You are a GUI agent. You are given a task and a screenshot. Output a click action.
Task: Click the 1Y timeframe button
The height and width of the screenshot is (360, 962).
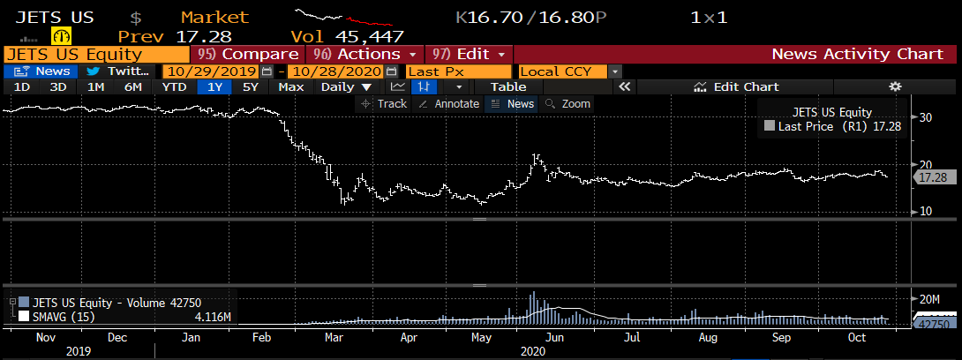tap(214, 86)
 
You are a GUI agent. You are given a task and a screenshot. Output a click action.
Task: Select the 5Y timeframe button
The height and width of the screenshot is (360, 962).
tap(251, 86)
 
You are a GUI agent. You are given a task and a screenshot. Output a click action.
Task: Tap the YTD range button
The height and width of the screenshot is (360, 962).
tap(174, 86)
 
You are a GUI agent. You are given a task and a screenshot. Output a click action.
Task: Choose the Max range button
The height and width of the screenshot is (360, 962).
tap(290, 86)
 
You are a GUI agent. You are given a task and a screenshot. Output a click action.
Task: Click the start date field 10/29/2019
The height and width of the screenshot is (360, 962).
tap(209, 71)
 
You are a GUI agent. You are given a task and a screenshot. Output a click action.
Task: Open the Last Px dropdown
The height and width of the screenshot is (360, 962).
tap(459, 71)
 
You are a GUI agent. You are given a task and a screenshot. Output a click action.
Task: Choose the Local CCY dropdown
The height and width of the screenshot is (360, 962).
tap(569, 71)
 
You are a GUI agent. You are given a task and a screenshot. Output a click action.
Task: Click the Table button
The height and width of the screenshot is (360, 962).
tap(507, 86)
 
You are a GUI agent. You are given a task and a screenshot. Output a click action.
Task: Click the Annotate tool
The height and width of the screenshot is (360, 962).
tap(448, 103)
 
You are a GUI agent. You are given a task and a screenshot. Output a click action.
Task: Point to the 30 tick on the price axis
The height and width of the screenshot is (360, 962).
tap(927, 117)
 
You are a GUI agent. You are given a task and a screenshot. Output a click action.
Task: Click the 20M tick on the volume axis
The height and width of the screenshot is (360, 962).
tap(930, 300)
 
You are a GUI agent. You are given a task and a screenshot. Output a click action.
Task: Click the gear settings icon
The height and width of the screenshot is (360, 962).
tap(895, 86)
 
